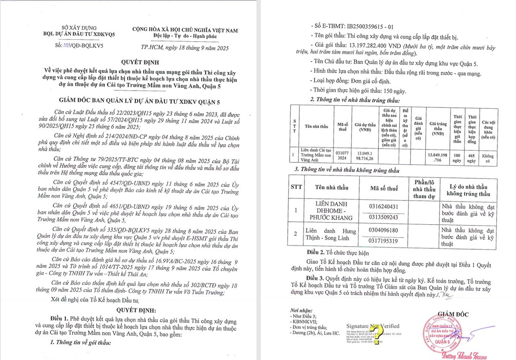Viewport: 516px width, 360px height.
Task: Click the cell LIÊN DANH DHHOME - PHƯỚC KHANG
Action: coord(331,211)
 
